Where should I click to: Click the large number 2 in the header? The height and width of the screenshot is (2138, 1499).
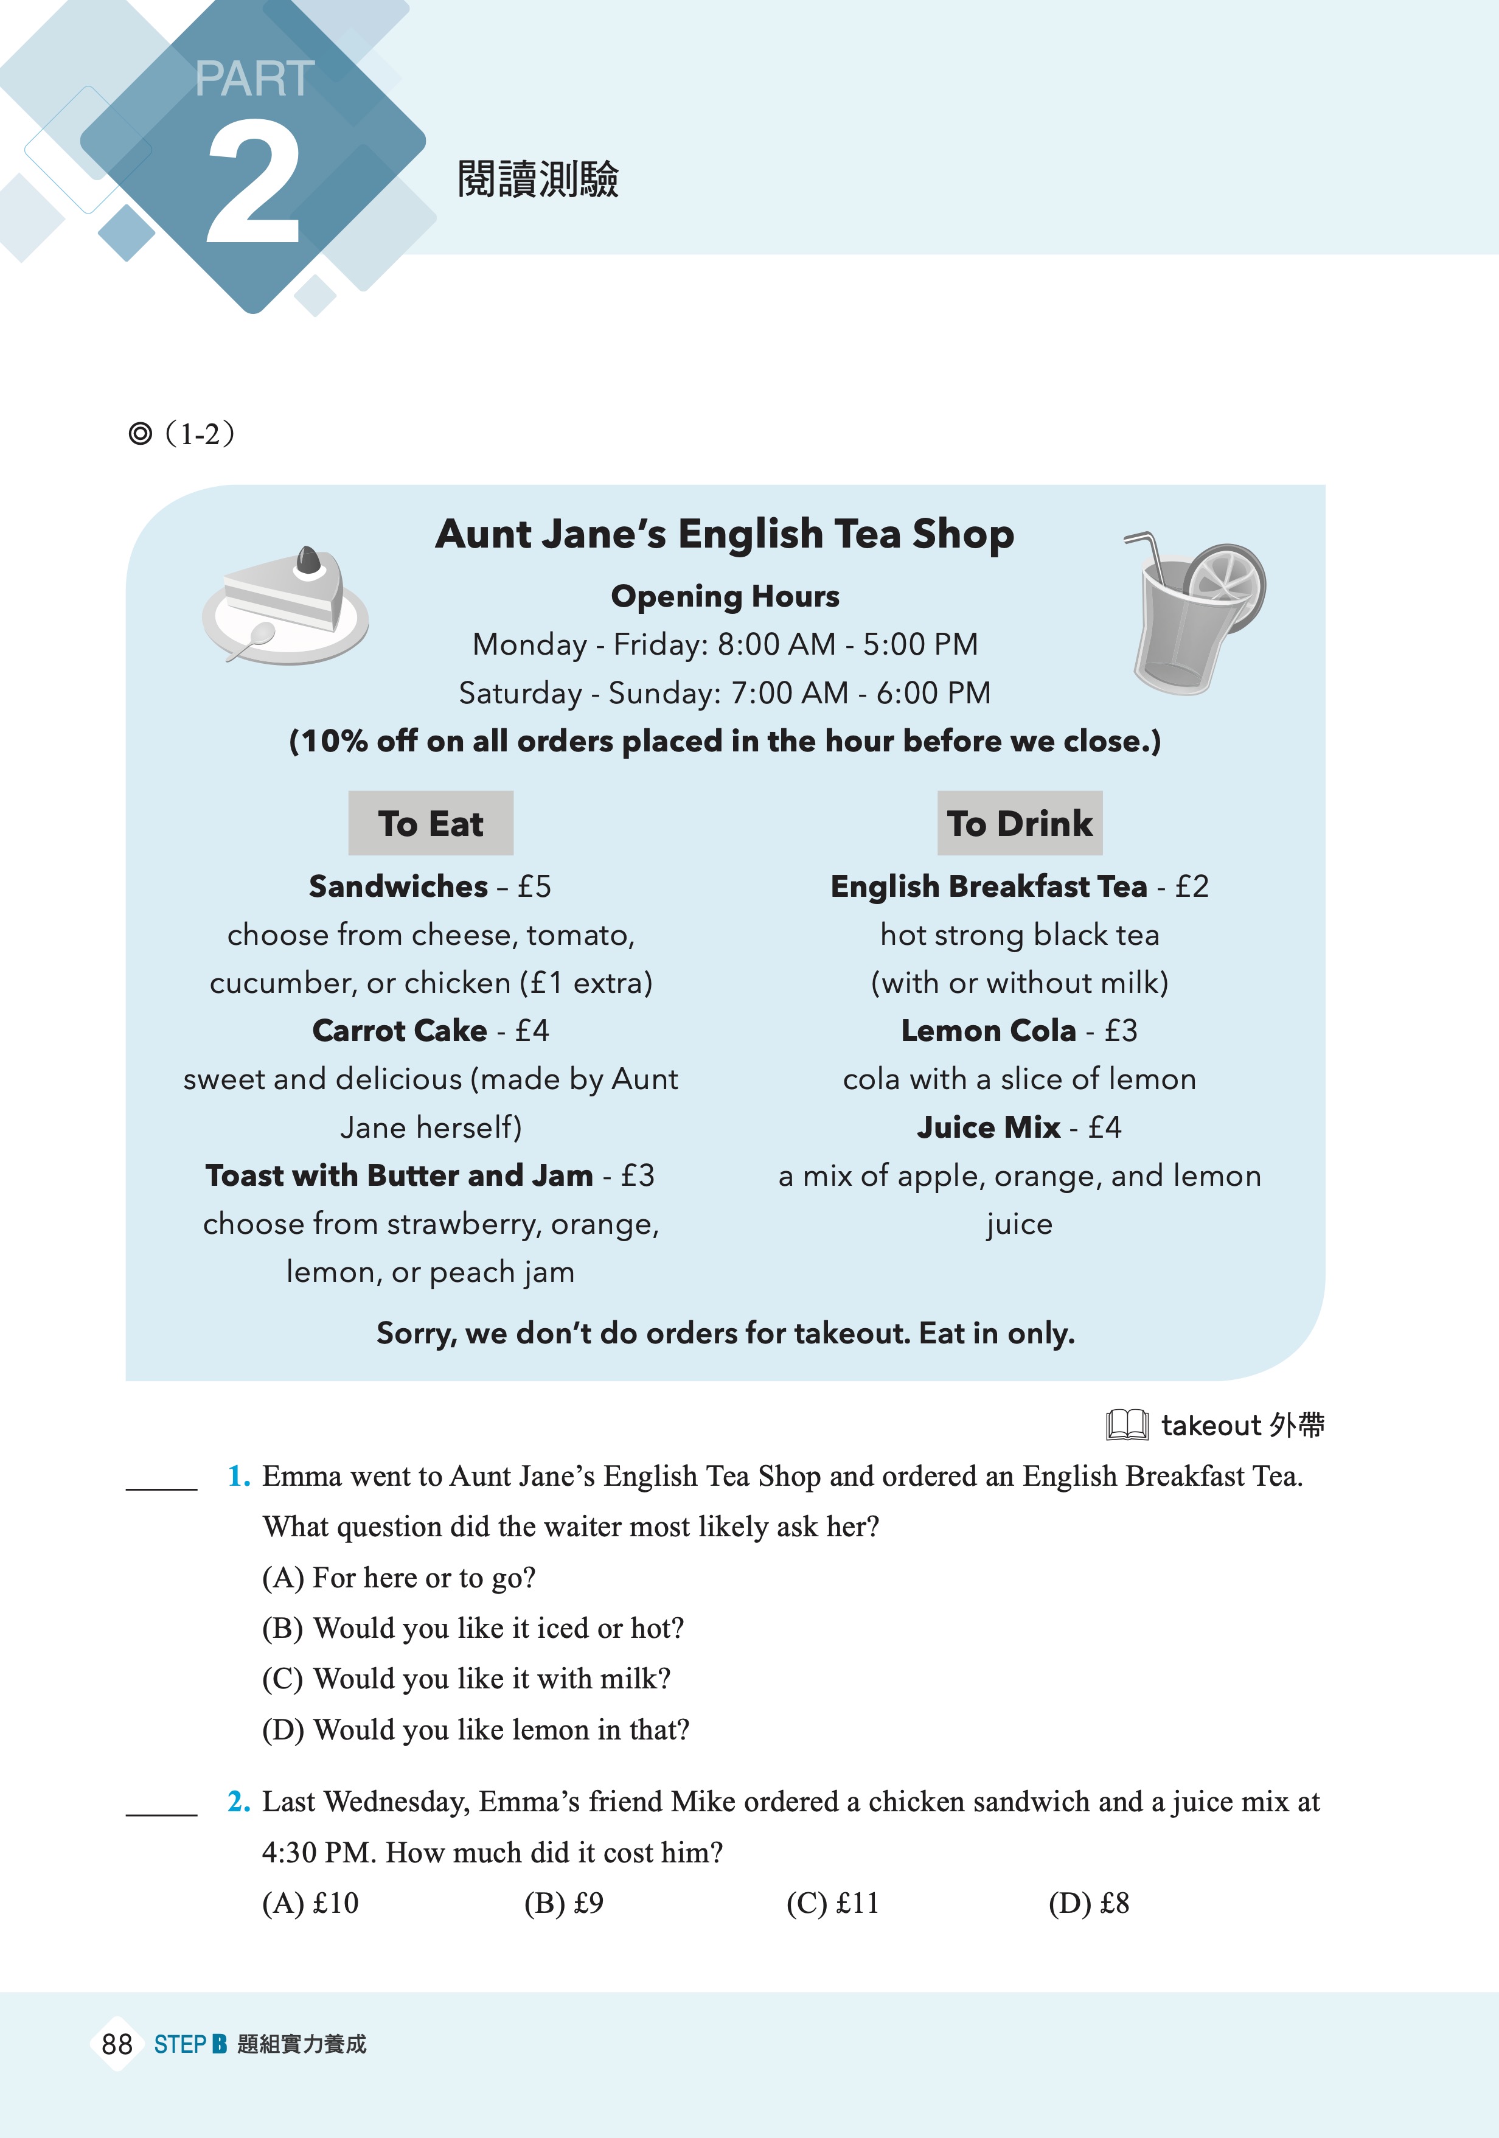[253, 184]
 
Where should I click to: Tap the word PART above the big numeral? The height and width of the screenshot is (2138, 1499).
[254, 79]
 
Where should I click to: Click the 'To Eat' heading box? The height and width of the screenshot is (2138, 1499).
[430, 823]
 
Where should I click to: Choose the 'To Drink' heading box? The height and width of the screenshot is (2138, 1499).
[1020, 823]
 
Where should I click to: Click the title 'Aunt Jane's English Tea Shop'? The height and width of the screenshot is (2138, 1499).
[725, 534]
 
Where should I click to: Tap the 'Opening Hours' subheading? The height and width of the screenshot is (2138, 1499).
[725, 596]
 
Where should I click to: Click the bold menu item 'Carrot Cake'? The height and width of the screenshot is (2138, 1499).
[400, 1030]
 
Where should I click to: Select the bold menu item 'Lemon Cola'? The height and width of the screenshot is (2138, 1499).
[988, 1030]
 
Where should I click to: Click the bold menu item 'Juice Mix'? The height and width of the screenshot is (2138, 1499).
[988, 1127]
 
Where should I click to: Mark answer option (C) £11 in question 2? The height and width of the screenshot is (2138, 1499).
[832, 1903]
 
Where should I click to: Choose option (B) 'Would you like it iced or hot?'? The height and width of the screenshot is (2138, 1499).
[473, 1628]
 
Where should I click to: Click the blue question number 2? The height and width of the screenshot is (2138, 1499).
[238, 1802]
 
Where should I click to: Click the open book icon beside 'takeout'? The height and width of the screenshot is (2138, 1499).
[1127, 1425]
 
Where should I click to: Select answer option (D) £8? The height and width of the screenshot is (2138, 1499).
[1088, 1903]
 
